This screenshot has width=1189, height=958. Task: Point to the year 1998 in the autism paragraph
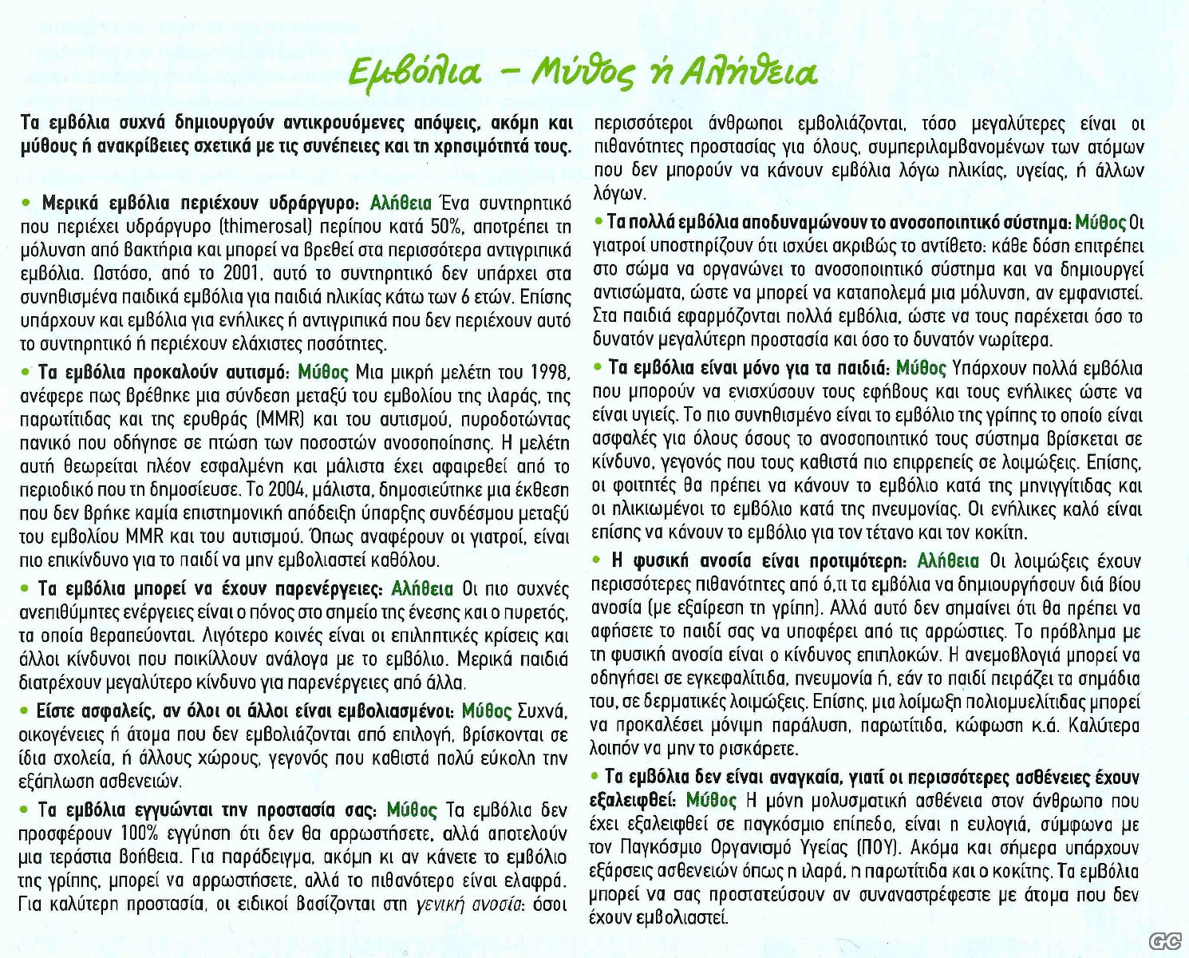pyautogui.click(x=549, y=373)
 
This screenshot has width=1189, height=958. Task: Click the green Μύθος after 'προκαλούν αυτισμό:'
pyautogui.click(x=322, y=373)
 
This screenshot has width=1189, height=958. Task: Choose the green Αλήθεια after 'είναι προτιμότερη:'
pyautogui.click(x=948, y=561)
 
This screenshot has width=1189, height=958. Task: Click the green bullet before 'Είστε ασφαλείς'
pyautogui.click(x=26, y=711)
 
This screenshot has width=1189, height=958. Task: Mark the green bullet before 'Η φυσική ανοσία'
pyautogui.click(x=598, y=562)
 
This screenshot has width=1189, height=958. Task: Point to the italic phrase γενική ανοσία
pyautogui.click(x=467, y=905)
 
